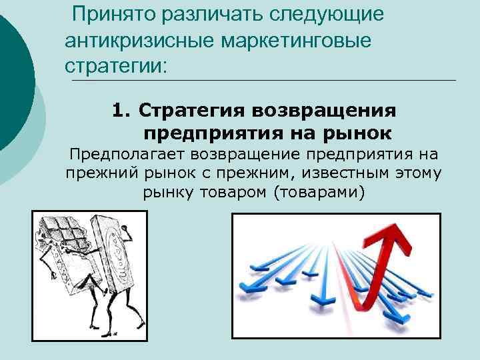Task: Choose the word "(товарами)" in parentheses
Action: [x=327, y=193]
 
